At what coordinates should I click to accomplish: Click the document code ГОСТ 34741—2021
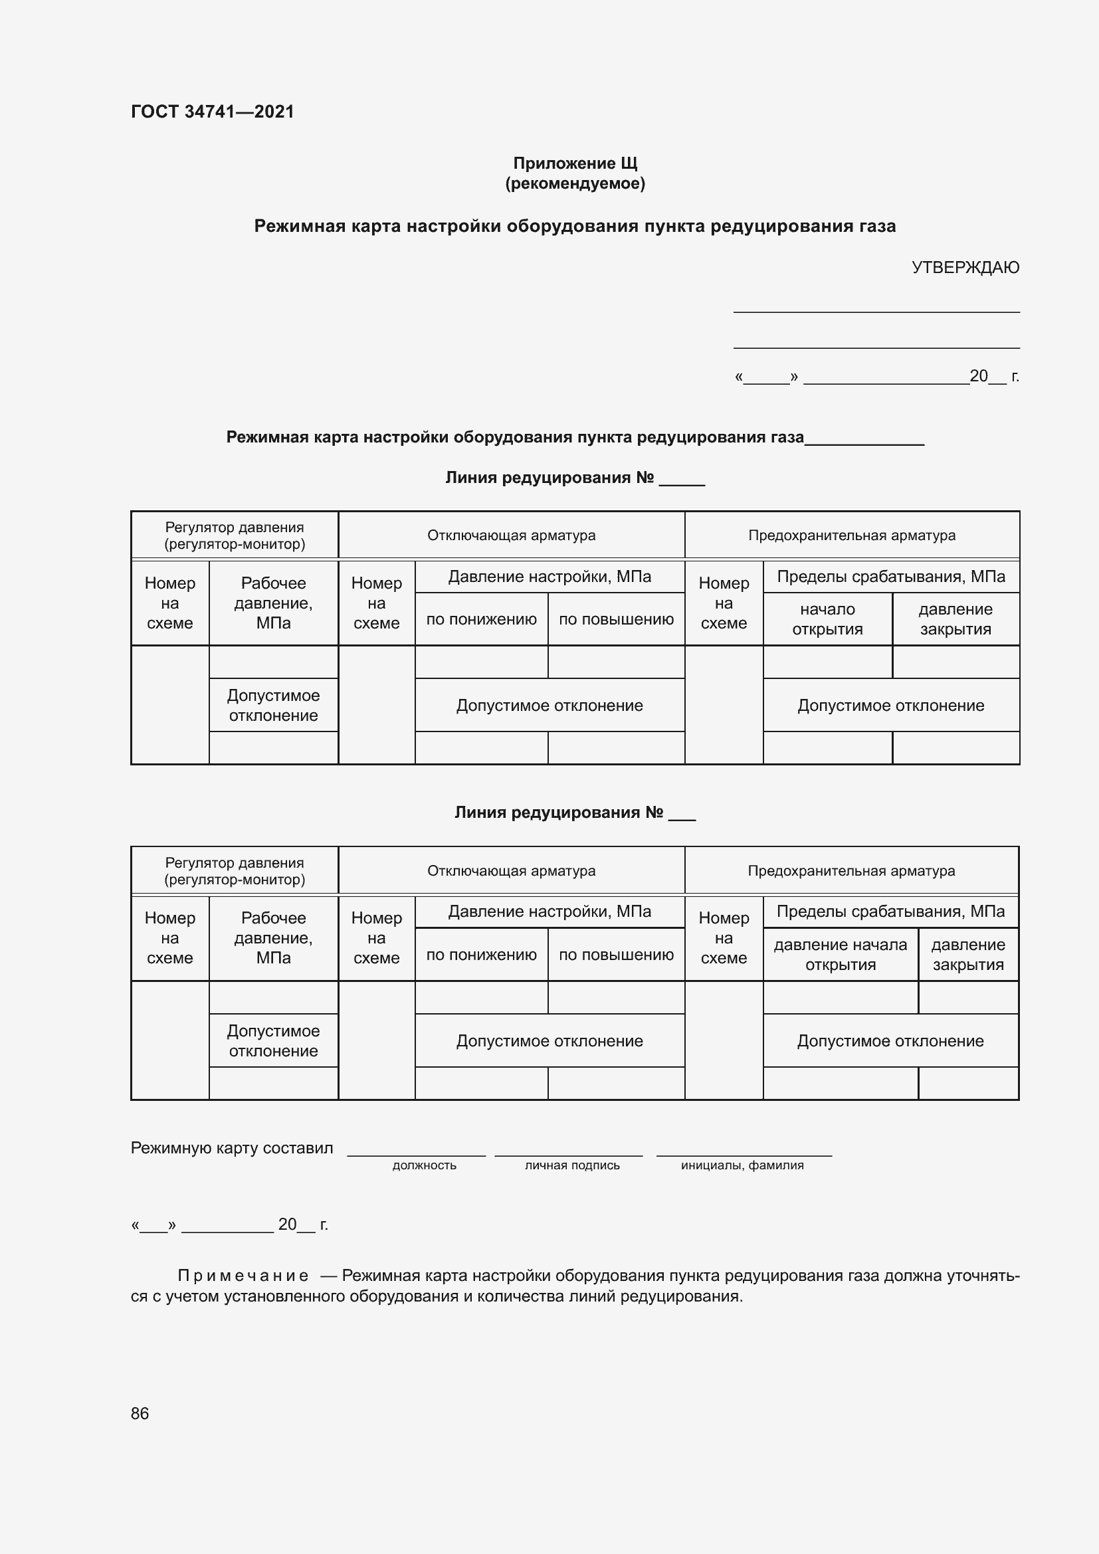[x=213, y=112]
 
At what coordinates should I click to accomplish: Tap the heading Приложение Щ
[x=575, y=163]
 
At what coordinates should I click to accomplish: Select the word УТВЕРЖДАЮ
[x=965, y=267]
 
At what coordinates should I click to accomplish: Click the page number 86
[x=140, y=1413]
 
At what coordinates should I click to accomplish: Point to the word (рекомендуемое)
[x=575, y=183]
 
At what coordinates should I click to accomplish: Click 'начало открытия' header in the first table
[x=827, y=619]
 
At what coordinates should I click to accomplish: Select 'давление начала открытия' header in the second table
[x=840, y=954]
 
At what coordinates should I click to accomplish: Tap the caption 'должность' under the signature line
[x=425, y=1165]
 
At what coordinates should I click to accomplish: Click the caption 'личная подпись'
[x=572, y=1165]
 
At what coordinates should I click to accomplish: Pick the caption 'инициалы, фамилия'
[x=742, y=1165]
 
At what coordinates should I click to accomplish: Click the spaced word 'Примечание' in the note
[x=243, y=1276]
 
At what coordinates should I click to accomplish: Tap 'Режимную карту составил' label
[x=232, y=1148]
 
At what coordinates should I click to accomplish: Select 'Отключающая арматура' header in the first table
[x=511, y=535]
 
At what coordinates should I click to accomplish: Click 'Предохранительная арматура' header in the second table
[x=851, y=871]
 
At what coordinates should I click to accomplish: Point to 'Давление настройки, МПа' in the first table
[x=549, y=577]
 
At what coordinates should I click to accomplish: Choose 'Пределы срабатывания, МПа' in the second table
[x=890, y=912]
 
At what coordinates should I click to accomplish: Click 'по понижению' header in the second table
[x=481, y=955]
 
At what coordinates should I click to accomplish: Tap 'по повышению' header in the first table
[x=616, y=619]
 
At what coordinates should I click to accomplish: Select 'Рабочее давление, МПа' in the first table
[x=273, y=603]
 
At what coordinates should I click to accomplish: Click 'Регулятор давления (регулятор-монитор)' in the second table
[x=235, y=871]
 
